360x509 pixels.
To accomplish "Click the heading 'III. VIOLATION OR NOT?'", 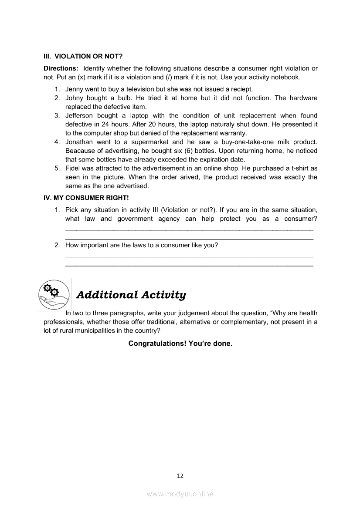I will click(x=83, y=56).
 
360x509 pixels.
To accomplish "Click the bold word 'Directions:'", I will click(x=61, y=68).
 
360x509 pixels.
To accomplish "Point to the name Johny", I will click(x=75, y=98).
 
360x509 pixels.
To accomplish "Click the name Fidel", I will click(x=73, y=168).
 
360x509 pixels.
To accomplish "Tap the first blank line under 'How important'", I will click(x=189, y=256).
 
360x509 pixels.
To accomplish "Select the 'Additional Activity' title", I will click(x=131, y=295).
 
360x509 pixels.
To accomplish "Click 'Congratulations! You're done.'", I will click(x=180, y=344).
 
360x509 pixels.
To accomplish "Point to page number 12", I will click(x=180, y=476).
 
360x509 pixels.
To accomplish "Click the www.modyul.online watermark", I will click(x=180, y=494).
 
